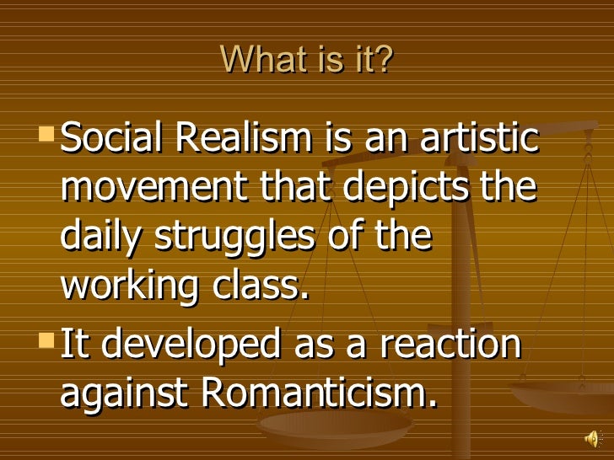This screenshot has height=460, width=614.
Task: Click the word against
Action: point(119,394)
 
